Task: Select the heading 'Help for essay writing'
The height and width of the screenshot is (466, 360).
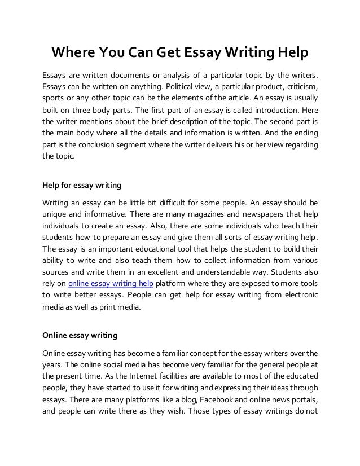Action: (82, 185)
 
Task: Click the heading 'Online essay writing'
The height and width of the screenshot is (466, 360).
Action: (80, 335)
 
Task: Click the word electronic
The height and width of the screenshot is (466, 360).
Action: (297, 294)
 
